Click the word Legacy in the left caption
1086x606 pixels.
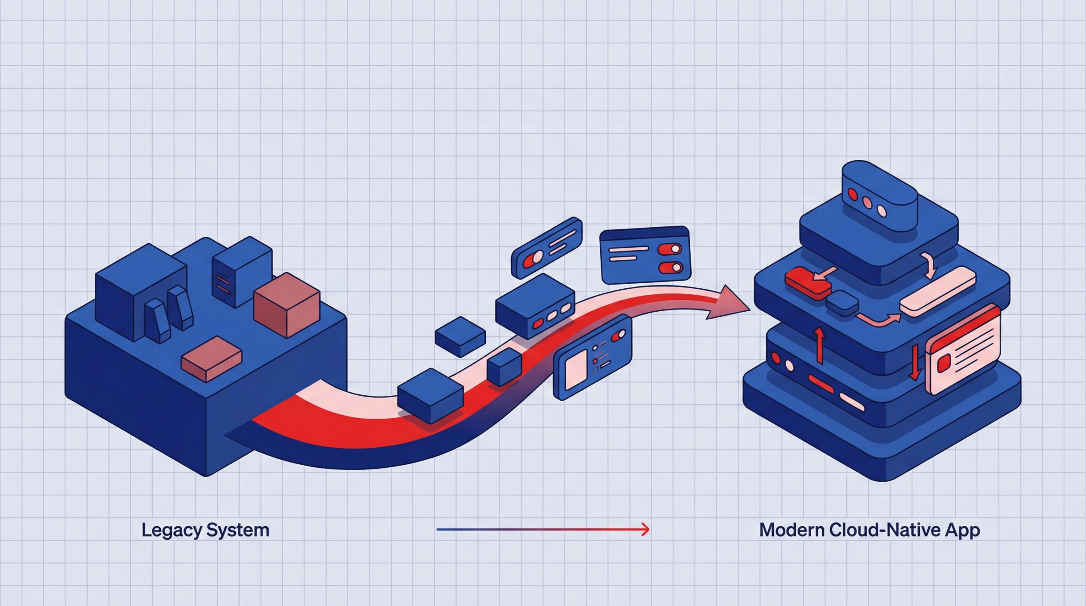pyautogui.click(x=171, y=531)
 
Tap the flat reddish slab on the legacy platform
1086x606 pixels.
pyautogui.click(x=211, y=359)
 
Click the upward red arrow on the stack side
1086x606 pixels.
pyautogui.click(x=820, y=346)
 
